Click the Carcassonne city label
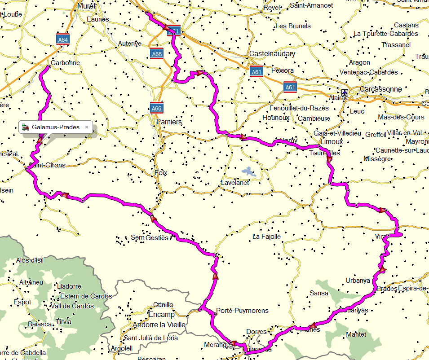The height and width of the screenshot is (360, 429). click(381, 89)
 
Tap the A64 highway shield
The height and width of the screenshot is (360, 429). click(63, 40)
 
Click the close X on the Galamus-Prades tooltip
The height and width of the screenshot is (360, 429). click(87, 127)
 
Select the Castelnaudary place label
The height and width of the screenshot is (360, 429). click(272, 54)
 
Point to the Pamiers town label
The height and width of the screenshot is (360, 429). click(169, 122)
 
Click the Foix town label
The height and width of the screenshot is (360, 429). click(160, 172)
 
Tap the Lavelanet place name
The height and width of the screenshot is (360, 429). click(234, 183)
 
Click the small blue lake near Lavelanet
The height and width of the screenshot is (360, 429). click(247, 171)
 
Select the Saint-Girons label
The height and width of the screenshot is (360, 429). click(47, 165)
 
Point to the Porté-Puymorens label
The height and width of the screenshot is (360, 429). click(242, 311)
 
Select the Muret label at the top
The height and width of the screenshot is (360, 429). click(87, 6)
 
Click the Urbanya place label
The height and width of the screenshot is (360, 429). click(358, 281)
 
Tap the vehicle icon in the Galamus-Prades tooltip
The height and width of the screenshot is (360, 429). click(26, 127)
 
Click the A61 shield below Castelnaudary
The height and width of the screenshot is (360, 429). click(257, 72)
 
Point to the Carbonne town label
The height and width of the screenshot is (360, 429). click(66, 63)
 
